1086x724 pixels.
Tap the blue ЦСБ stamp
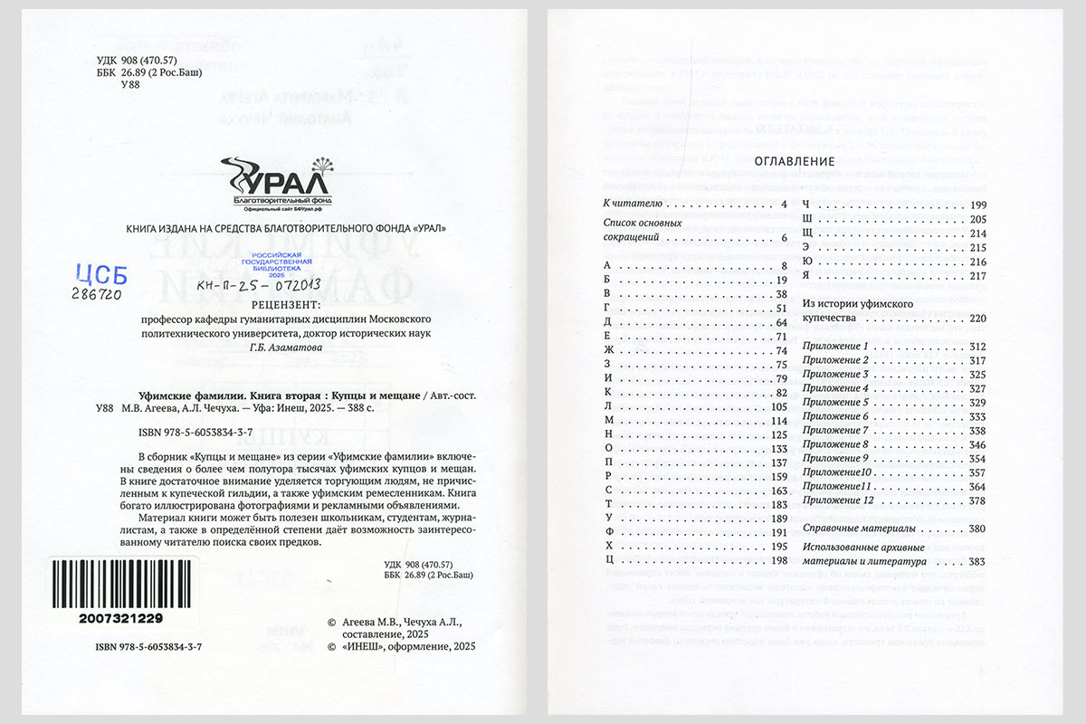click(100, 273)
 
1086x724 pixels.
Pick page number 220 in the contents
click(976, 319)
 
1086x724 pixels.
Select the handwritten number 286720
click(100, 294)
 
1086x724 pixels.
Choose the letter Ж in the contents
click(608, 350)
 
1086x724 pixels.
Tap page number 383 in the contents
click(976, 562)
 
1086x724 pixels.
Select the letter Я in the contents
click(805, 275)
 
